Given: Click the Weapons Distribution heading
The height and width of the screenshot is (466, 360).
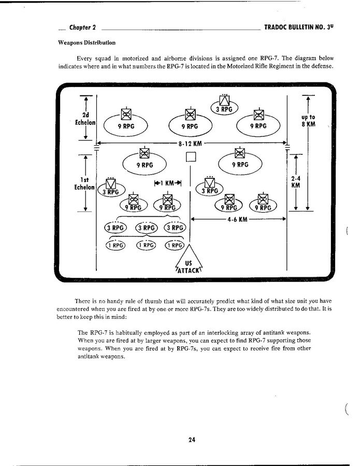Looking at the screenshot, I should click(x=87, y=43).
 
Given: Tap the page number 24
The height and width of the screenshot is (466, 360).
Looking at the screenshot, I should click(x=192, y=440).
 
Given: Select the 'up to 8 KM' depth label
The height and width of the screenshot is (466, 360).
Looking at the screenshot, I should click(x=308, y=121).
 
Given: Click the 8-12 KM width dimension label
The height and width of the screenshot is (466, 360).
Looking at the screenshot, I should click(x=190, y=144).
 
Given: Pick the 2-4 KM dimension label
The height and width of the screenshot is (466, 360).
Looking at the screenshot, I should click(x=295, y=181).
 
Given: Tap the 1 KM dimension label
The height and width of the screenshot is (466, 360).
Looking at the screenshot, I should click(x=168, y=182).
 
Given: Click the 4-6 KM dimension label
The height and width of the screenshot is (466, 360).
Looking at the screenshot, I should click(x=238, y=219).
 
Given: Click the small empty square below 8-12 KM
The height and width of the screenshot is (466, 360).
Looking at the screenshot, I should click(x=190, y=157).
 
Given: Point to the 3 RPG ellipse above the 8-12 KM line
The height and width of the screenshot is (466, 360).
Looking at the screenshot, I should click(x=224, y=109).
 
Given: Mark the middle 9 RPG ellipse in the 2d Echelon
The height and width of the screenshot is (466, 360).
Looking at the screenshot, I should click(x=190, y=125).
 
